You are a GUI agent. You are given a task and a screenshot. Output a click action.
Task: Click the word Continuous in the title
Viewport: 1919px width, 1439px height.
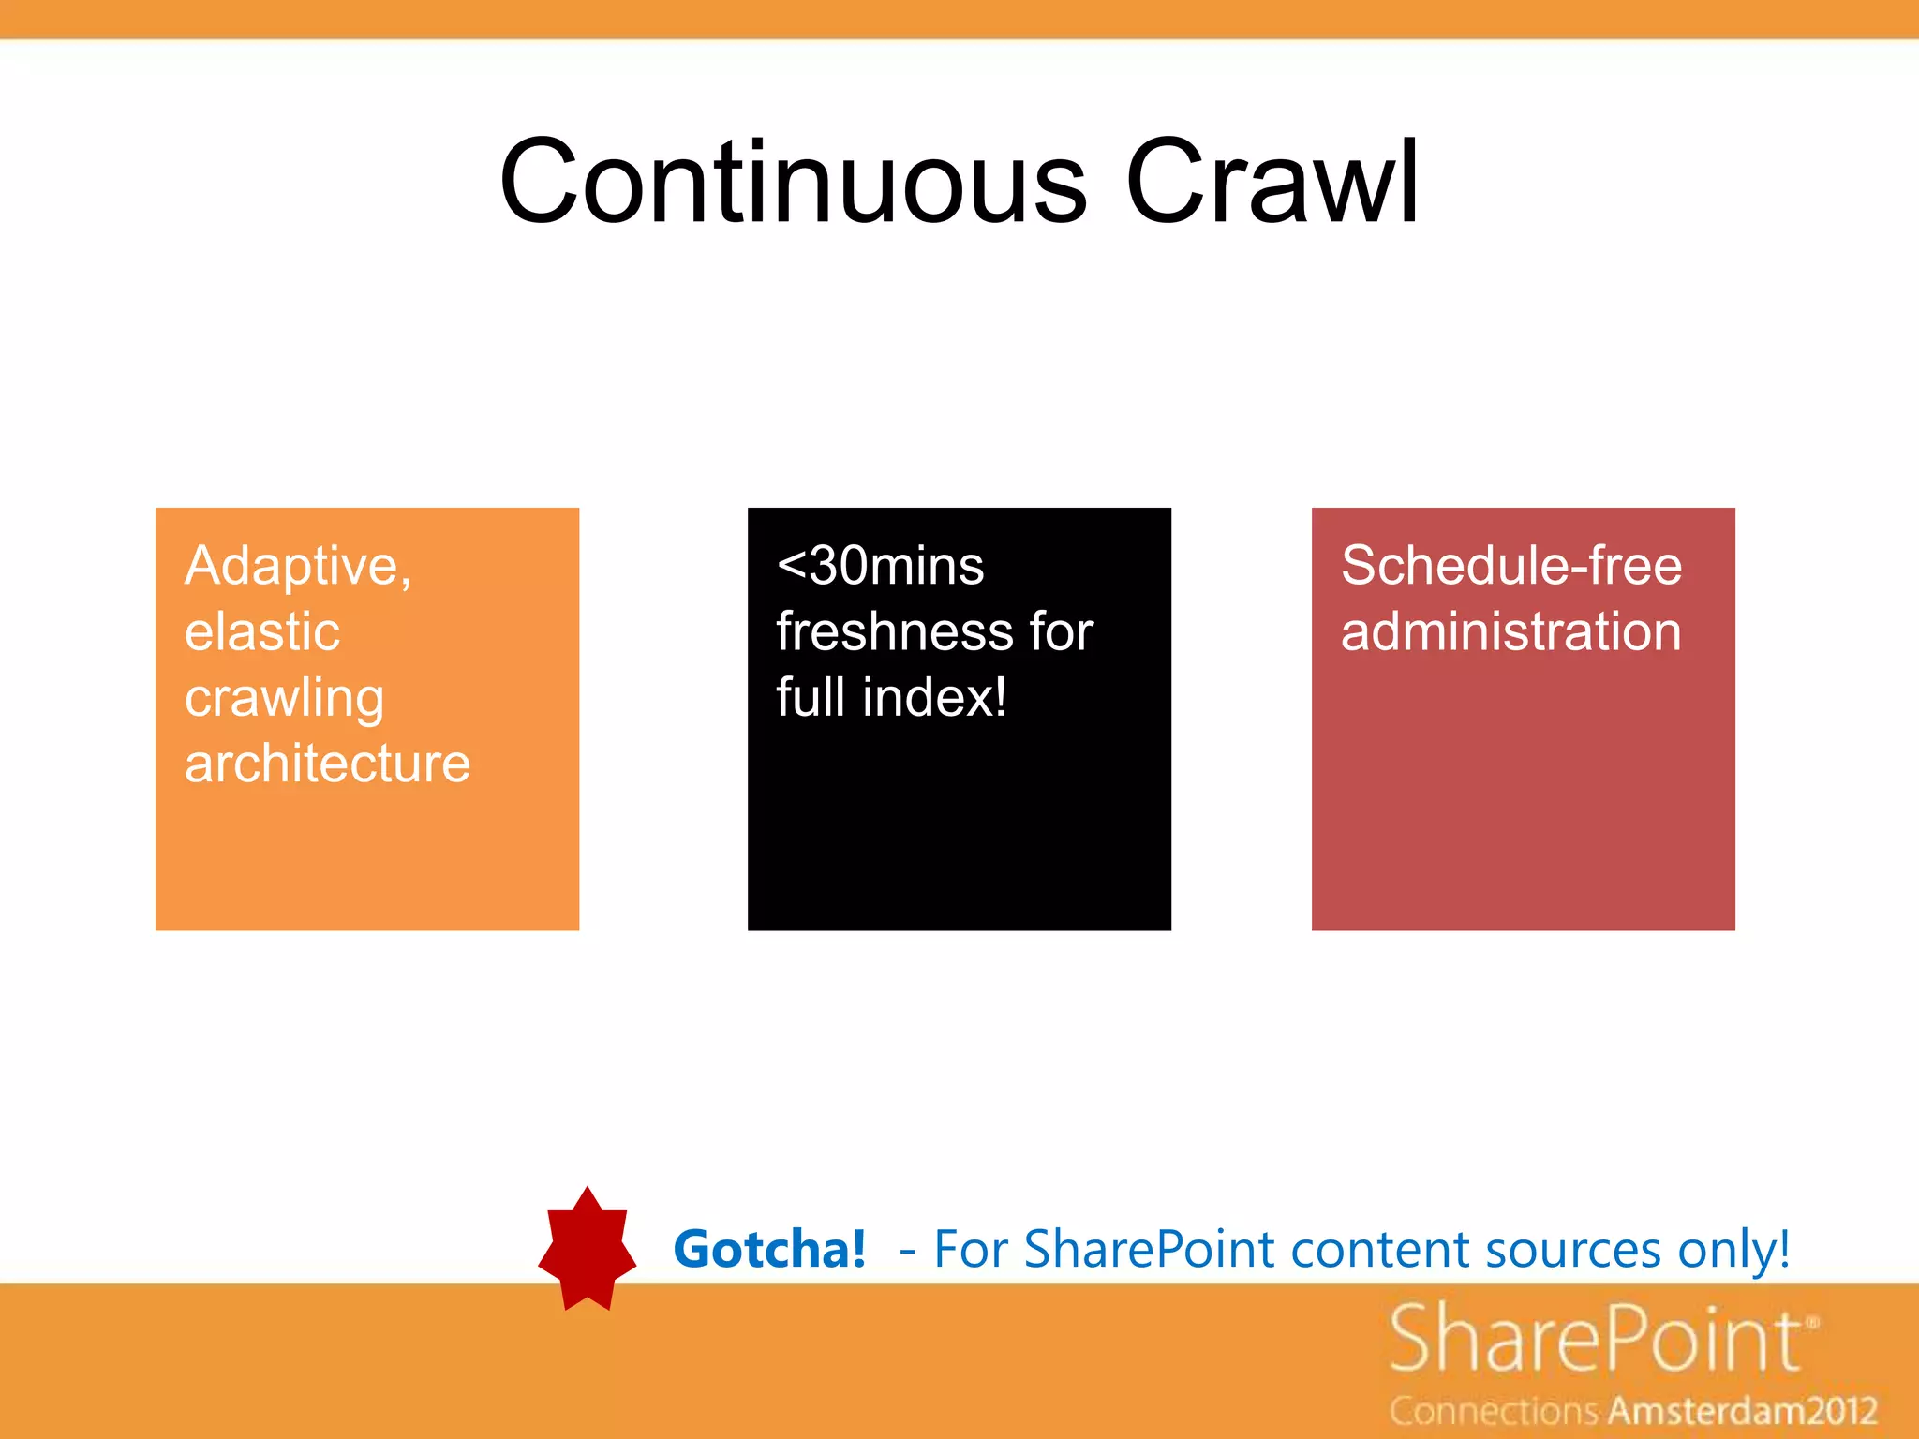click(793, 182)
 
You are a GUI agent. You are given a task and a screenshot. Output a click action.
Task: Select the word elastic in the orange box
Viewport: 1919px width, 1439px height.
click(262, 631)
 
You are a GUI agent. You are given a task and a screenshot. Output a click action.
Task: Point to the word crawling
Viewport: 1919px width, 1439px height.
click(285, 699)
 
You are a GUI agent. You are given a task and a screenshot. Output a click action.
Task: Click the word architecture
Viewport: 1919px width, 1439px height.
click(327, 764)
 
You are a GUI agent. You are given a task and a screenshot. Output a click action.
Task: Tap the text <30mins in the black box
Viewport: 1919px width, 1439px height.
click(880, 566)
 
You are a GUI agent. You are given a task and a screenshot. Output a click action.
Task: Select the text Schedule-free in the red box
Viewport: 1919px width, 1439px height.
click(1510, 566)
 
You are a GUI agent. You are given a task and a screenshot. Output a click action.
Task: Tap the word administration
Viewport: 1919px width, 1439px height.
click(1510, 631)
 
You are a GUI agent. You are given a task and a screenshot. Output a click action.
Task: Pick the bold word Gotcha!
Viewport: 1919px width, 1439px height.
click(769, 1250)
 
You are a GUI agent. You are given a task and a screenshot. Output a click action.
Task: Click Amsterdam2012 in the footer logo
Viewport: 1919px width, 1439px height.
click(1743, 1411)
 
